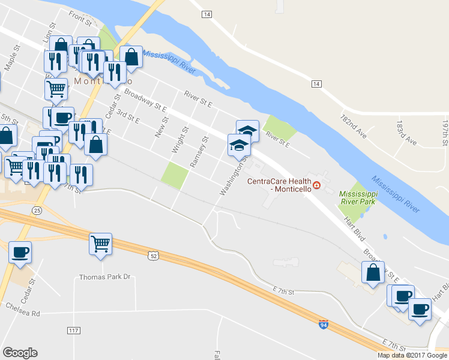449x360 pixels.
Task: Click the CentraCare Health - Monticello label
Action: coord(279,184)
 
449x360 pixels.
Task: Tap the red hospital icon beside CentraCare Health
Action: coord(317,185)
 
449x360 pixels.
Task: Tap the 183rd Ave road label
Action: coord(406,134)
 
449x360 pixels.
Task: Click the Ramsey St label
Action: coord(198,152)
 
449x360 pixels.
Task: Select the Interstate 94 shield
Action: coord(323,324)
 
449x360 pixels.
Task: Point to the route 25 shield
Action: coord(37,211)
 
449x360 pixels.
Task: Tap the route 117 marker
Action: coord(74,331)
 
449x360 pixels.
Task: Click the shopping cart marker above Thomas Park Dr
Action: coord(100,244)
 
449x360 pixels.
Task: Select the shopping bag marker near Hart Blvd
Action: coord(373,272)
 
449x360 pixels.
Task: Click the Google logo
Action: coord(20,353)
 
